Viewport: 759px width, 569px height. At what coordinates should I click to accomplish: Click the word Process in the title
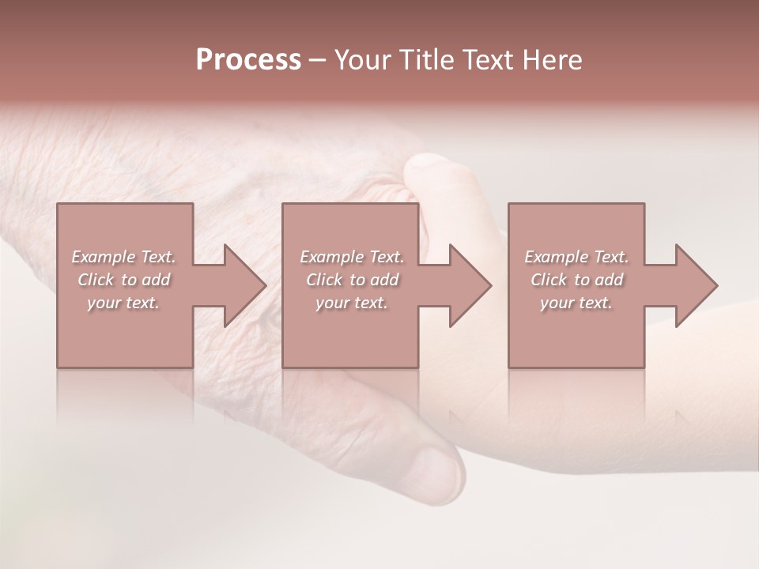point(248,60)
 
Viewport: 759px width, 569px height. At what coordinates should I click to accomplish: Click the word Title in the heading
point(425,60)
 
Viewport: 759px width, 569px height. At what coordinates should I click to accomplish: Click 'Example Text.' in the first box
point(123,257)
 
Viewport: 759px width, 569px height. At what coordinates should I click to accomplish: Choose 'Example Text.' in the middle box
point(351,257)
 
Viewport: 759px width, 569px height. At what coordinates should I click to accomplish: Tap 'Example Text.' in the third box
point(576,257)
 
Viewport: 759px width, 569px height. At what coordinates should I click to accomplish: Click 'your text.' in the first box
point(123,303)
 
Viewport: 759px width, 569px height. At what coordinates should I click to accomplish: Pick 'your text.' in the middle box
point(351,303)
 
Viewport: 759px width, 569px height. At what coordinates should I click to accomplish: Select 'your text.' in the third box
point(576,303)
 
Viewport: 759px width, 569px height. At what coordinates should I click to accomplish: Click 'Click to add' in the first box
point(123,280)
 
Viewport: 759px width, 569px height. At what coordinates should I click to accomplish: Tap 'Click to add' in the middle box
point(351,280)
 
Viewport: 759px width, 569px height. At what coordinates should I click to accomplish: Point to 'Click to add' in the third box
point(576,280)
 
